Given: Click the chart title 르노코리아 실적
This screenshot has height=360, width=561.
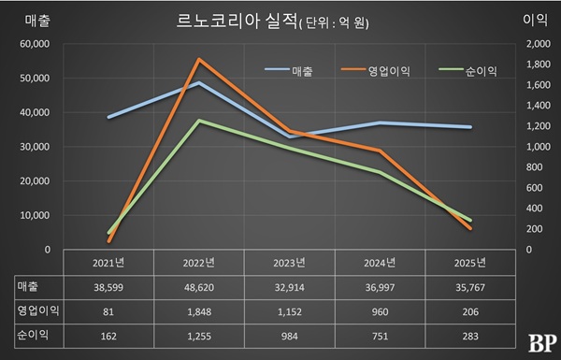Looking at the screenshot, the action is click(x=237, y=22).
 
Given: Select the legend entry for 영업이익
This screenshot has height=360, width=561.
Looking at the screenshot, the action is click(x=376, y=71).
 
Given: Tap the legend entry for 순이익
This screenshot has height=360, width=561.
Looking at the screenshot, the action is click(x=468, y=71).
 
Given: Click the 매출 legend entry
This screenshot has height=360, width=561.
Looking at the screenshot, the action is click(x=289, y=71).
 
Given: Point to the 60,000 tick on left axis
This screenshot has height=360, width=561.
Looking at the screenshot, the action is click(x=36, y=44).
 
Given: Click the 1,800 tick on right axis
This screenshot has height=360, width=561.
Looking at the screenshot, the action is click(x=539, y=65).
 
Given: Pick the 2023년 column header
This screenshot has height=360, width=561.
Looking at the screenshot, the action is click(x=290, y=263).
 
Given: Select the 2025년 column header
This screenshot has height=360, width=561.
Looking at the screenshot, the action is click(x=470, y=263).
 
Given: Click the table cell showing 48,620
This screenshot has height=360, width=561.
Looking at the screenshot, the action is click(x=199, y=287).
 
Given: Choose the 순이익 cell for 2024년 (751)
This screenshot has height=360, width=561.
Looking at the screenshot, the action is click(x=380, y=336).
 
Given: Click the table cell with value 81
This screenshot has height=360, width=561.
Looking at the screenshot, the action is click(x=108, y=311).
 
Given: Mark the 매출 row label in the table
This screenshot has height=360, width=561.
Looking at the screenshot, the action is click(x=27, y=287).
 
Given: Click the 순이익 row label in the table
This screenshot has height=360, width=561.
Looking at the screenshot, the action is click(x=33, y=336).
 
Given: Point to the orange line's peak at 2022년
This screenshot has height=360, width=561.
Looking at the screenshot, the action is click(x=199, y=59).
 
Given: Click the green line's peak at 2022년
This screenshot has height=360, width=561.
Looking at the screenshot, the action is click(x=199, y=121).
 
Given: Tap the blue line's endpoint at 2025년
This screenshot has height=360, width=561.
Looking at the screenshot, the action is click(x=470, y=127).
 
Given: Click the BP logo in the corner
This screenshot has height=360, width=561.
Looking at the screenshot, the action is click(x=542, y=343).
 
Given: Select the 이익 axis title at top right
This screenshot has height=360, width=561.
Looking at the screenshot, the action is click(x=535, y=20).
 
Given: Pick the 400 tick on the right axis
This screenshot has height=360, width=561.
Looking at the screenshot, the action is click(x=534, y=209).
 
